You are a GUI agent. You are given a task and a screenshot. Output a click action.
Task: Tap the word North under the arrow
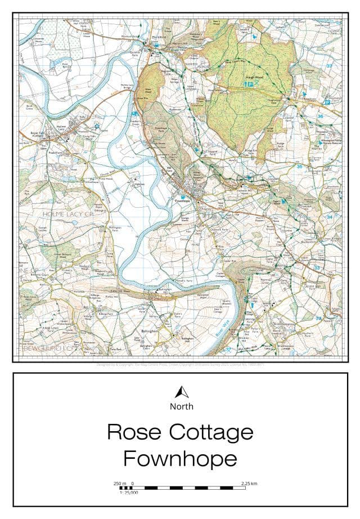coord(181,406)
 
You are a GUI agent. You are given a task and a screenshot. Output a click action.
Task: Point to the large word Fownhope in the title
coord(180,459)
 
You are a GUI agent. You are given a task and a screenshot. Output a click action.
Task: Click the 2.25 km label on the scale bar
coord(249,483)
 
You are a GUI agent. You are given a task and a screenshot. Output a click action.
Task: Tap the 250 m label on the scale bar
coord(120,483)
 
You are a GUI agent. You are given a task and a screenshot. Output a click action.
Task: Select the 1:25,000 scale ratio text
coord(129,493)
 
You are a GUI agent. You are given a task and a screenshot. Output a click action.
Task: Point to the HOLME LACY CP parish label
coord(67,214)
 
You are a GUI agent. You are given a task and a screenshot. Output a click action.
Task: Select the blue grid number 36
coord(320,117)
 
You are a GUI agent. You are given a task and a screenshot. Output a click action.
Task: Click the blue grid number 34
coord(329,217)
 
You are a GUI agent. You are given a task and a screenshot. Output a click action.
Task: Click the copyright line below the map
coord(180,364)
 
